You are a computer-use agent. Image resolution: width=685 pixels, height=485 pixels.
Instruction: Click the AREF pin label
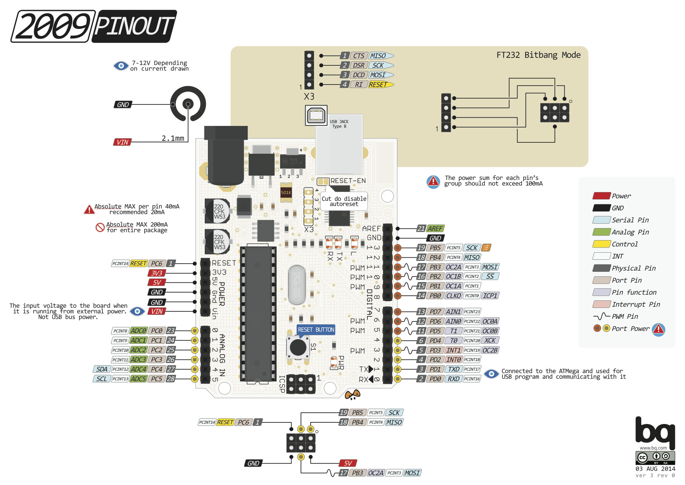(435, 228)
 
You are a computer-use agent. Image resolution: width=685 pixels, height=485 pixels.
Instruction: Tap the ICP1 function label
(490, 296)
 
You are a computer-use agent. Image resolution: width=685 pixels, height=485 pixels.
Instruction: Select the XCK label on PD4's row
(490, 341)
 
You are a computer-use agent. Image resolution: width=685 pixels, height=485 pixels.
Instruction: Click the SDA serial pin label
(102, 369)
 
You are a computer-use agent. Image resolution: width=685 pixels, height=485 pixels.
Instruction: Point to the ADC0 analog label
(138, 331)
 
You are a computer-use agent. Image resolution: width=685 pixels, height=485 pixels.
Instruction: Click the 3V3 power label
(157, 273)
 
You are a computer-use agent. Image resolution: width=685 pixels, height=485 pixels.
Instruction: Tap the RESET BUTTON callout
(316, 330)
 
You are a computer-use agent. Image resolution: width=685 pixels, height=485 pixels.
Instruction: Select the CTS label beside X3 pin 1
(359, 56)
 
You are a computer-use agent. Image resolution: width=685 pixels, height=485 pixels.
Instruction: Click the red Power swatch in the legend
(601, 196)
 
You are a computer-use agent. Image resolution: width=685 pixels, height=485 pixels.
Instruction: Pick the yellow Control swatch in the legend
(601, 244)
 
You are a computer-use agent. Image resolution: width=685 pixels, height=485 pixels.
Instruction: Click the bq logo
(655, 433)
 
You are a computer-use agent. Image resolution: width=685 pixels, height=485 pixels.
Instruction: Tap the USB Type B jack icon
(316, 115)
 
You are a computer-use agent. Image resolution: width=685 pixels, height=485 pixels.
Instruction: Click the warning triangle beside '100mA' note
(433, 181)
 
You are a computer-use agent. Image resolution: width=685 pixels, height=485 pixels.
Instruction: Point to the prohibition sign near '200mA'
(100, 227)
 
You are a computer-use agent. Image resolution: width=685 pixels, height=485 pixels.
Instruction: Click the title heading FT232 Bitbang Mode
(538, 55)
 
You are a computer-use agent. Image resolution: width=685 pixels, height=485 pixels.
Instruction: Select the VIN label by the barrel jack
(122, 142)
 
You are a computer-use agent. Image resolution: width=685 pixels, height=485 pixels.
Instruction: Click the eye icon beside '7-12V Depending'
(121, 66)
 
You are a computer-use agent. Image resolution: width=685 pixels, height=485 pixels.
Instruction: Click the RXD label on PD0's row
(453, 379)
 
